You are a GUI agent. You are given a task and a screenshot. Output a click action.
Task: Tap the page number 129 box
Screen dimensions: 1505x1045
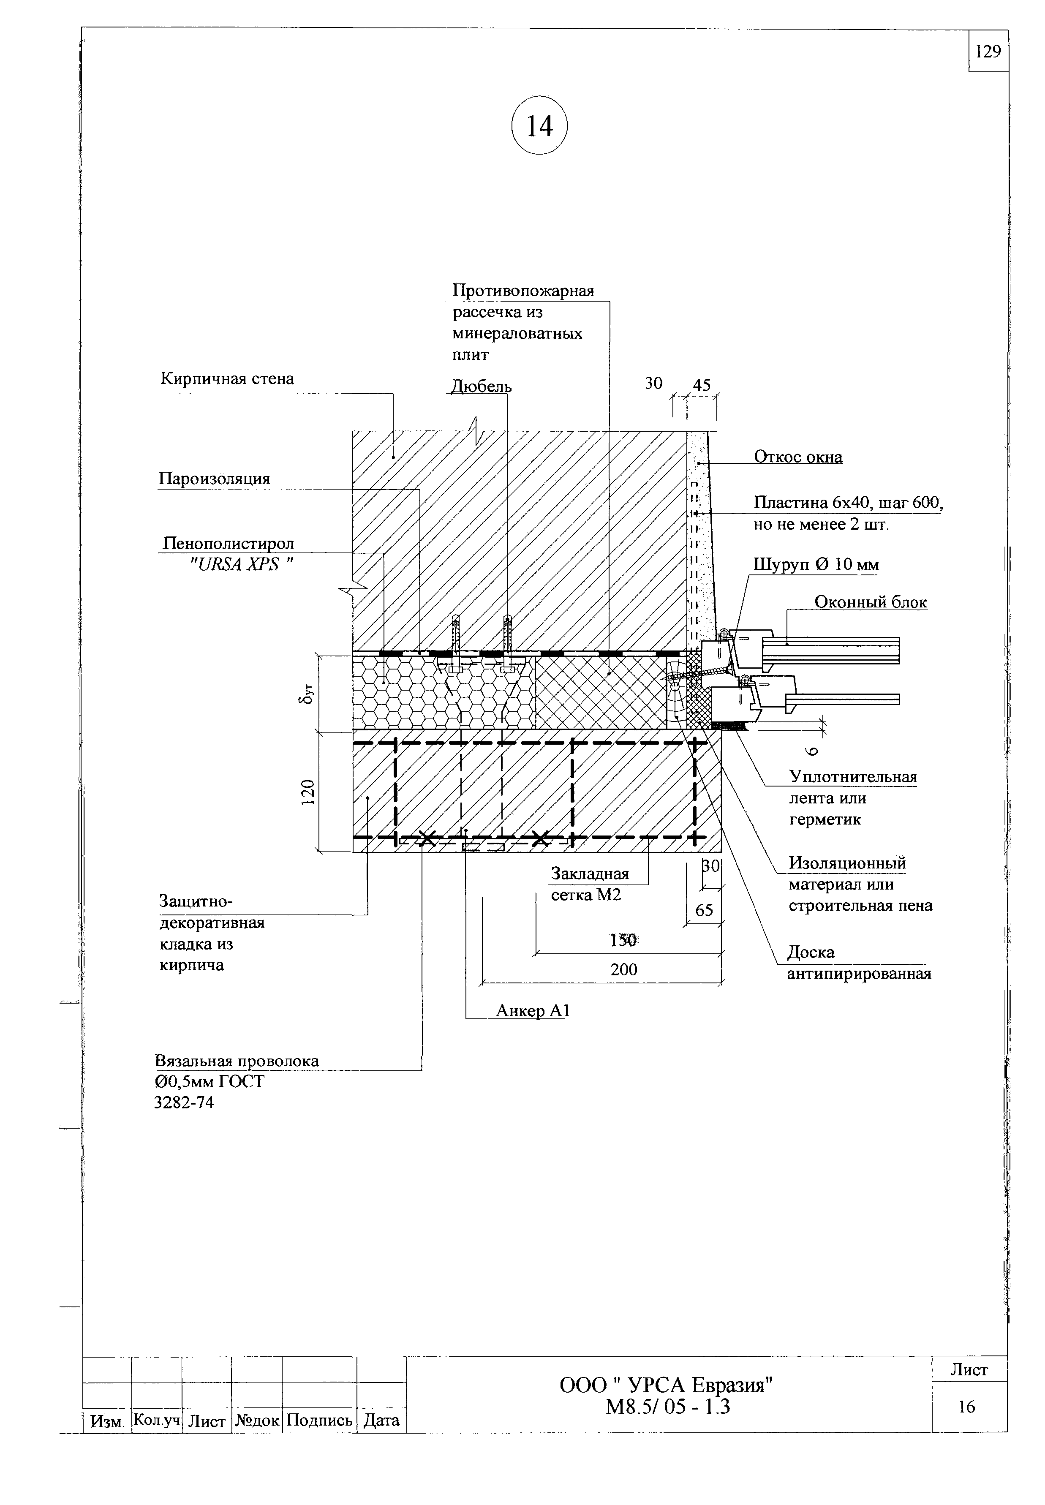(x=988, y=51)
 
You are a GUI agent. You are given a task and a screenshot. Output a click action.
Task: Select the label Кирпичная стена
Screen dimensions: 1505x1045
(x=227, y=378)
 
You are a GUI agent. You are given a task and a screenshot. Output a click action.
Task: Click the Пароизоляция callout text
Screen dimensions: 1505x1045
(x=214, y=479)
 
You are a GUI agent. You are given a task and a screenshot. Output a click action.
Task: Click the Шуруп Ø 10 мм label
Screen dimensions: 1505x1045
(x=816, y=564)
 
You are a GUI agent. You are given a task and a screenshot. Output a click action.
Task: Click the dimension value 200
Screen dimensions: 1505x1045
(x=623, y=969)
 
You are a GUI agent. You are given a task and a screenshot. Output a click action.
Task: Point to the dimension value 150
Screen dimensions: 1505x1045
(x=623, y=940)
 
